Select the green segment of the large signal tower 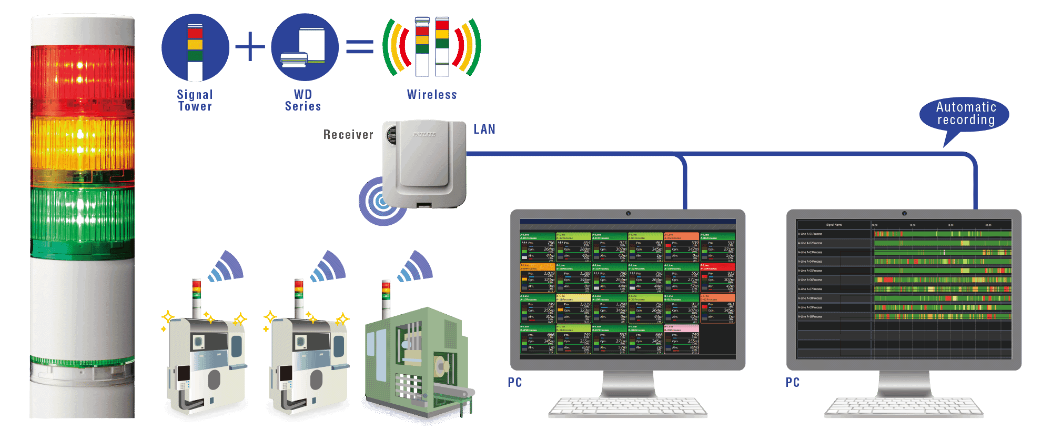click(x=82, y=213)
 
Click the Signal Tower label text click(x=195, y=100)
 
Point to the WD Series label click(x=303, y=100)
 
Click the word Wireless click(x=432, y=95)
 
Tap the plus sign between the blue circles click(x=250, y=47)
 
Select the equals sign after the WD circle click(x=360, y=47)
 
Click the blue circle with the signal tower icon click(x=195, y=47)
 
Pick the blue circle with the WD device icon click(x=305, y=47)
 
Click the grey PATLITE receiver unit click(x=424, y=163)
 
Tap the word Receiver click(x=348, y=135)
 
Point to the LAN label click(x=484, y=129)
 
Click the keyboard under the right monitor click(x=903, y=408)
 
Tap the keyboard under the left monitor click(x=628, y=408)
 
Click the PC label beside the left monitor click(x=515, y=383)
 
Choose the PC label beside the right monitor click(x=793, y=383)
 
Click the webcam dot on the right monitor click(x=904, y=214)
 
